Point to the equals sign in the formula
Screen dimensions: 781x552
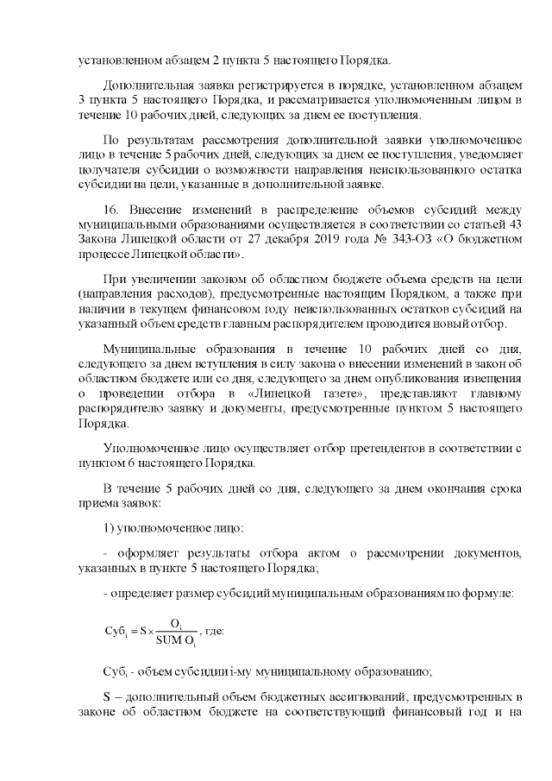pos(132,631)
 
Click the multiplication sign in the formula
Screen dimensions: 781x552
pos(150,631)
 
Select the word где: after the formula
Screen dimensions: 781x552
pos(212,631)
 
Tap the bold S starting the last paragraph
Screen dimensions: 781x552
pos(107,696)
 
